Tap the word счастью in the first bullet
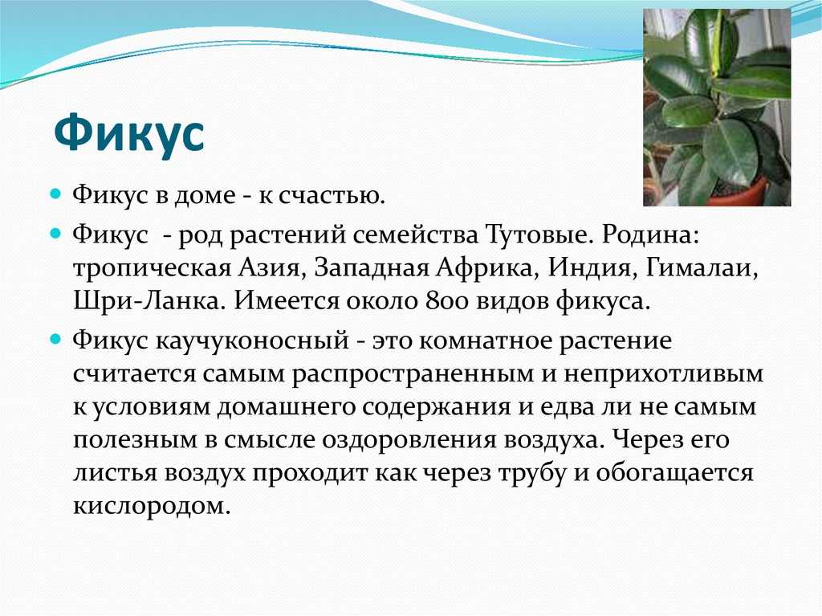tap(328, 195)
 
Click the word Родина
tap(650, 234)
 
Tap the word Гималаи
tap(702, 267)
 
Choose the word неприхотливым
tap(664, 374)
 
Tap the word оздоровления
tap(409, 440)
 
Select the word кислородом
tap(152, 506)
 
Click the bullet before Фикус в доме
tap(56, 194)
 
